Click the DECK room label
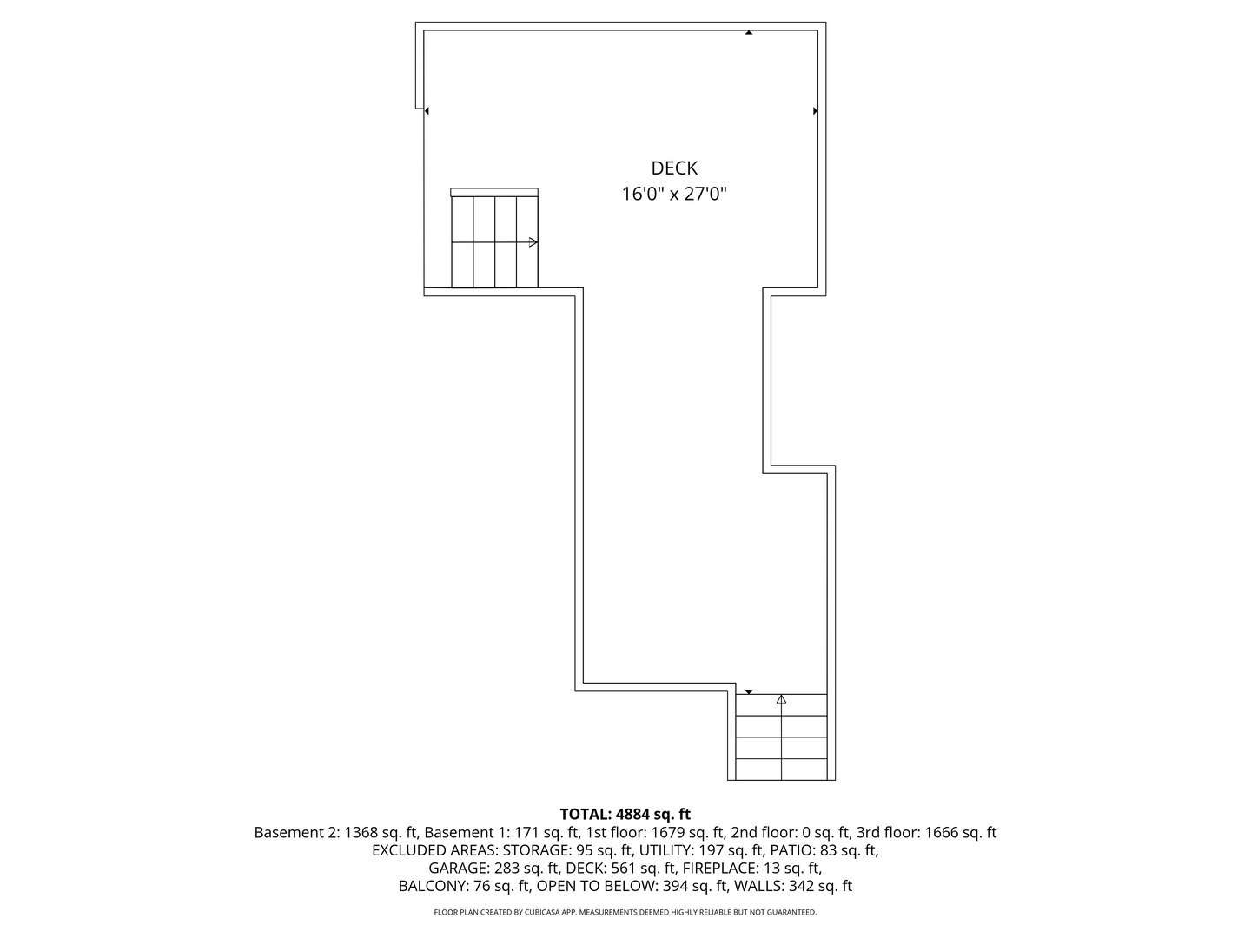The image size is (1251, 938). coord(674,168)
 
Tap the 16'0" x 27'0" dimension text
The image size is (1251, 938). coord(674,194)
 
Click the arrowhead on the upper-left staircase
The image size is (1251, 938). coord(533,241)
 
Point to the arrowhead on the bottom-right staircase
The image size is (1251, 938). coord(781,698)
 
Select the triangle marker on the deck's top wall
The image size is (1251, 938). coord(749,33)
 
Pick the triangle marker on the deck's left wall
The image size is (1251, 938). coord(427,111)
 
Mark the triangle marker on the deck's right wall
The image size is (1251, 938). coord(815,111)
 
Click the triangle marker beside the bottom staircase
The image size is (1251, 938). coord(749,692)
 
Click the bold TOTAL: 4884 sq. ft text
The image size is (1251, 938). coord(625,814)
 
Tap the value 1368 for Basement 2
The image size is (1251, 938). coord(361,832)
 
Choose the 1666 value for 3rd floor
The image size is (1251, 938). coord(942,832)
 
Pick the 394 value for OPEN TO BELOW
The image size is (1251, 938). coord(676,886)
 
